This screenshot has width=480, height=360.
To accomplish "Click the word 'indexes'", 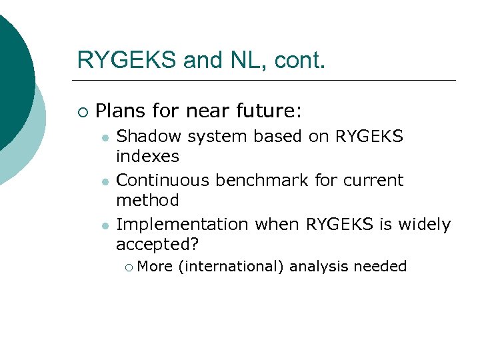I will [147, 157].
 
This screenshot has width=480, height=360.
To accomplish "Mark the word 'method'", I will [147, 200].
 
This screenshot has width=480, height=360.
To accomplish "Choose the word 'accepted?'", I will [157, 245].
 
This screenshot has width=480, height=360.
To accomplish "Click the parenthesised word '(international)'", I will [231, 267].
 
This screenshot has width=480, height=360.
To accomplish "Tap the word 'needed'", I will [380, 267].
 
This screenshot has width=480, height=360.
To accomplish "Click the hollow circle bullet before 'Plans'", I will [81, 111].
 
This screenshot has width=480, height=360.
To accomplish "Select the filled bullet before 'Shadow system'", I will [105, 137].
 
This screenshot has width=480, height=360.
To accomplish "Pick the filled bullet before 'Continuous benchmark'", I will [105, 181].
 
